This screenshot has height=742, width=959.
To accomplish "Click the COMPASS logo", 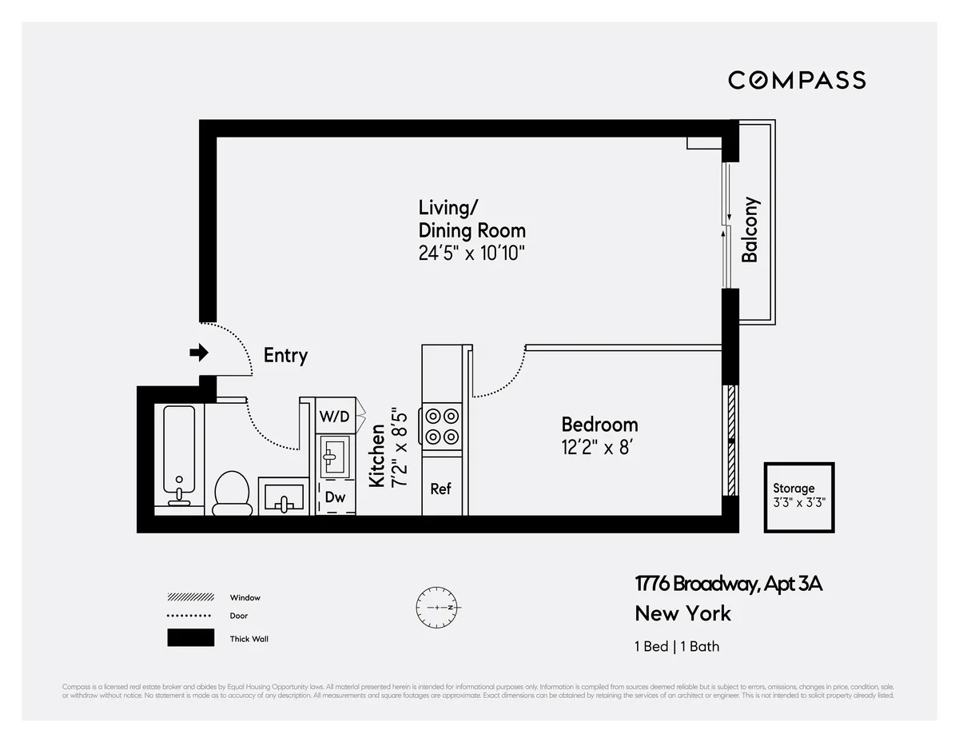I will point(796,80).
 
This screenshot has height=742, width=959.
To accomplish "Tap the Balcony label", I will point(750,229).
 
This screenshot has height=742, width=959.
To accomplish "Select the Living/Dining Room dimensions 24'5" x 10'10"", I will point(472,253).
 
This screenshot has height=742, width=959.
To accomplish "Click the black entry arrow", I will point(198,353).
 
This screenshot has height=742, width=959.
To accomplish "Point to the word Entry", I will point(285,356).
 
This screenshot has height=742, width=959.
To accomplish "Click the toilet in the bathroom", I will point(233,491).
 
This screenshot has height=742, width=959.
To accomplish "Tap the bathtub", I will point(179,455).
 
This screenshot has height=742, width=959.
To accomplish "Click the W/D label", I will point(335,417).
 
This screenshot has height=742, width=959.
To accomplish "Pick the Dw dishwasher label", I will point(335,497).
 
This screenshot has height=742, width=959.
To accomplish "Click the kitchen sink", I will point(334,457).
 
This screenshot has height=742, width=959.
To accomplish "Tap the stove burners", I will point(442,426).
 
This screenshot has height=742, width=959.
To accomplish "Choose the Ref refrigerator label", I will point(441,489).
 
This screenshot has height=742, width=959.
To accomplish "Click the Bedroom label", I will point(599,424).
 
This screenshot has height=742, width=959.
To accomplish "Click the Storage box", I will point(798,497).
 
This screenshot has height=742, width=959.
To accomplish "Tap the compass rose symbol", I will point(436,608).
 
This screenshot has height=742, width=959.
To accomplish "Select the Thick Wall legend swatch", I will point(190,638).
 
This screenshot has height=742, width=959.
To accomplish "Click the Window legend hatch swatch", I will point(190,597).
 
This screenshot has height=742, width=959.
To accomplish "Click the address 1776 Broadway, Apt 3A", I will point(728,584).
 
